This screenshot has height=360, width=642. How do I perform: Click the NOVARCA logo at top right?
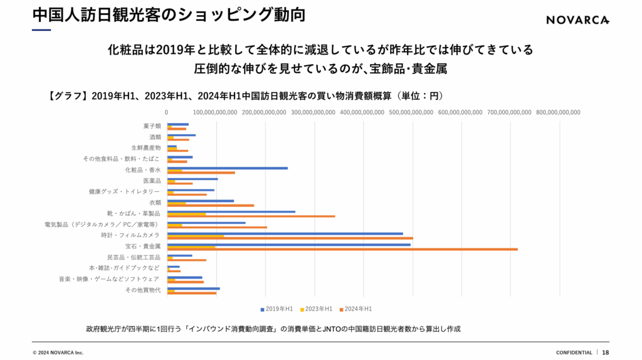pyautogui.click(x=577, y=20)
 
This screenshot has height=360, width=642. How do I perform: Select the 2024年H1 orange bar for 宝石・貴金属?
pyautogui.click(x=342, y=249)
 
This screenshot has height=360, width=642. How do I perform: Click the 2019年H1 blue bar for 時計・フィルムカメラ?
pyautogui.click(x=285, y=233)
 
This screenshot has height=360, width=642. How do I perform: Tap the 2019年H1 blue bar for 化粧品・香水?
pyautogui.click(x=227, y=168)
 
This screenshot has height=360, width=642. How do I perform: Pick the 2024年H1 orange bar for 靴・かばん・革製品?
pyautogui.click(x=251, y=216)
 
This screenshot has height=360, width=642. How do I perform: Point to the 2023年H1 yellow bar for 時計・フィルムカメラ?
pyautogui.click(x=195, y=236)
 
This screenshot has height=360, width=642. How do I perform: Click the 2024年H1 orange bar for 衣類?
pyautogui.click(x=210, y=205)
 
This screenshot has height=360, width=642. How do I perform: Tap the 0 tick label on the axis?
pyautogui.click(x=167, y=112)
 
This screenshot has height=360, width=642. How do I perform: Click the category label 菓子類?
pyautogui.click(x=152, y=126)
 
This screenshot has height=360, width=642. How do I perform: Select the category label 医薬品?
pyautogui.click(x=152, y=181)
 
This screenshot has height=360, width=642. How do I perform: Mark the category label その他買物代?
pyautogui.click(x=142, y=290)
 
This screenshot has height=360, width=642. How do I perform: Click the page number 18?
pyautogui.click(x=606, y=352)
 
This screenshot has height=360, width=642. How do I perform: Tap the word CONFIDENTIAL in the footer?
pyautogui.click(x=574, y=352)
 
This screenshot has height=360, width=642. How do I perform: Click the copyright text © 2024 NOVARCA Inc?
pyautogui.click(x=58, y=352)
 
